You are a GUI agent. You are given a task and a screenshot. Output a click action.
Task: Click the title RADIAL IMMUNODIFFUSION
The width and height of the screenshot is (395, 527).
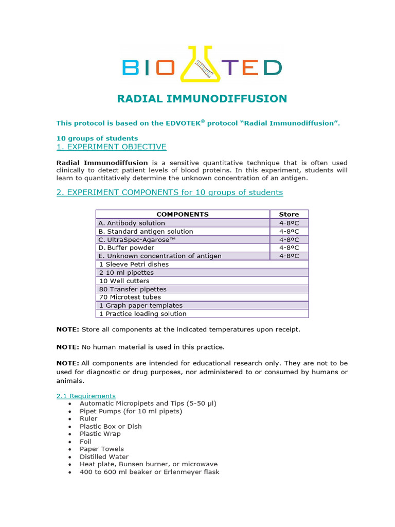tap(202, 99)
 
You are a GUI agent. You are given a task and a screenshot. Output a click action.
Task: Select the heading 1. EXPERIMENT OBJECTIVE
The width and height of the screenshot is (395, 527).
tap(111, 147)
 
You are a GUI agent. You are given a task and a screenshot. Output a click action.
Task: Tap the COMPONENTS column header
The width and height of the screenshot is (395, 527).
tap(183, 214)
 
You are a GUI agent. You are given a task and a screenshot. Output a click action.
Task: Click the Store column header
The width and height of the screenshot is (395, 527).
tap(289, 214)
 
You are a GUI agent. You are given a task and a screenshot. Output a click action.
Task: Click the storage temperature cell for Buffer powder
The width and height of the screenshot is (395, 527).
tap(289, 248)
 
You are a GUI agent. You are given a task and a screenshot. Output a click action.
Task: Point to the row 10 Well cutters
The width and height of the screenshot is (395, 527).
tap(124, 281)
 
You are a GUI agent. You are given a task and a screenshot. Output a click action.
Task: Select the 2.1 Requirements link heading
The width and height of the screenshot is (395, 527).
tap(86, 396)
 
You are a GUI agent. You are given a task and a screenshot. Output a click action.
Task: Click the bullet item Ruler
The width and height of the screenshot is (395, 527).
tap(88, 419)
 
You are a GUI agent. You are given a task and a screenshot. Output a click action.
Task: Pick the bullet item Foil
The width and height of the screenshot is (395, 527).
tap(85, 442)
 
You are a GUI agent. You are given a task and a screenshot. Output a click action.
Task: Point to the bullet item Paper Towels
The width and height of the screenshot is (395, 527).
tap(101, 449)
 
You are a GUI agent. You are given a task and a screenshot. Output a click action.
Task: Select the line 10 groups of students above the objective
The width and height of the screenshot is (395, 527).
tap(97, 138)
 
